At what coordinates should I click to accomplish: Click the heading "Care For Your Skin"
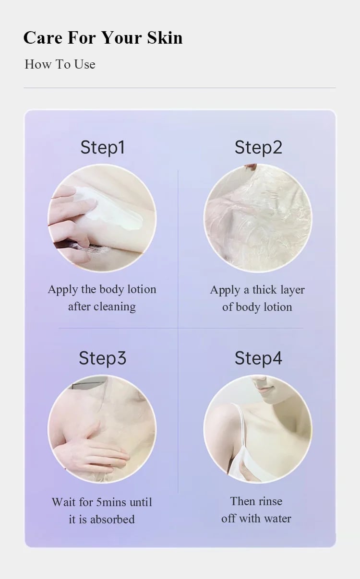point(103,38)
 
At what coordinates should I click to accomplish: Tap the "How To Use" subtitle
point(60,64)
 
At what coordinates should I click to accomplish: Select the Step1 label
point(103,148)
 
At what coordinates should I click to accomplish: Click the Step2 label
point(258,148)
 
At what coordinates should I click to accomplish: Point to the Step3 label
point(103,358)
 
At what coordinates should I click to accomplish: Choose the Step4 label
point(258,358)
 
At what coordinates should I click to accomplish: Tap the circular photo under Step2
point(258,218)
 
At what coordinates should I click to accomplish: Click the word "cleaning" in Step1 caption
point(115,307)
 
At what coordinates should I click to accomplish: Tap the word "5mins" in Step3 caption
point(111,502)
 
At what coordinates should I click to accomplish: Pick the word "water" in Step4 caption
point(277,519)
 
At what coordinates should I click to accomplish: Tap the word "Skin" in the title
point(165,38)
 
